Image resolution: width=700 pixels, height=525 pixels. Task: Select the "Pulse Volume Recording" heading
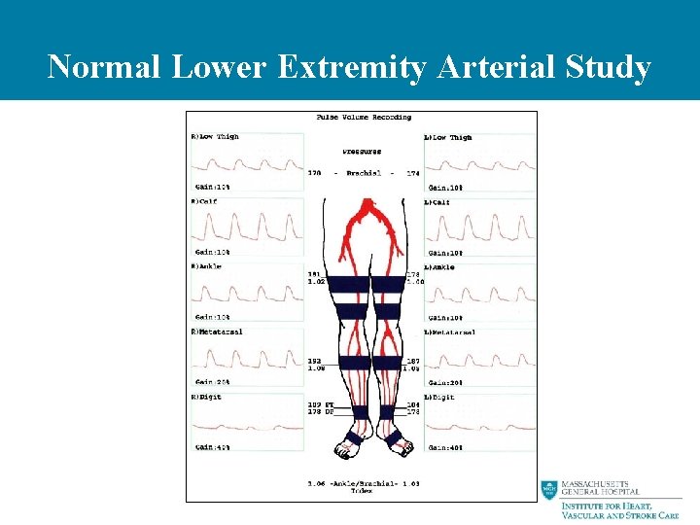pos(364,118)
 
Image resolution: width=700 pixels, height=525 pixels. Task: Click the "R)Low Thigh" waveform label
pos(215,137)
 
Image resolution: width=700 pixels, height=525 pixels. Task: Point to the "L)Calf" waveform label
pos(441,202)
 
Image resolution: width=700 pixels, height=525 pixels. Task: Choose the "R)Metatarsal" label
pos(218,332)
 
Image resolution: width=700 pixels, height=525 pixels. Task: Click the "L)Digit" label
pos(443,397)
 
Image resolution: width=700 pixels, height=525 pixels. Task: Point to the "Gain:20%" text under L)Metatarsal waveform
pos(445,382)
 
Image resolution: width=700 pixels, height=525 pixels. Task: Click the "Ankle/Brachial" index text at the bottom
pos(366,483)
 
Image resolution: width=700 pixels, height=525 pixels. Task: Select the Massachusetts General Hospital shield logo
pos(550,490)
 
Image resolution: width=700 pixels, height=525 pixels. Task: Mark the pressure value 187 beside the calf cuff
pos(412,361)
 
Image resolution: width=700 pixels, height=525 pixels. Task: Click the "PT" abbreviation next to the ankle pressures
pos(330,403)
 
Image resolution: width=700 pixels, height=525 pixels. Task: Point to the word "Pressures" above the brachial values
pos(363,153)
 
